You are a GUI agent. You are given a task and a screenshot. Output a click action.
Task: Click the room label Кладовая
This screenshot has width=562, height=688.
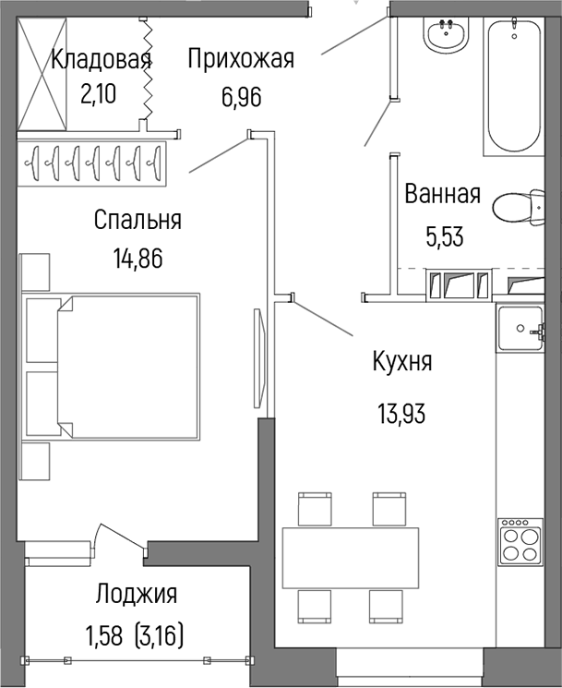pyautogui.click(x=101, y=61)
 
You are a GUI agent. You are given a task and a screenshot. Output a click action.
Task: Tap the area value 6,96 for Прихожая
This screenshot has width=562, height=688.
pyautogui.click(x=240, y=96)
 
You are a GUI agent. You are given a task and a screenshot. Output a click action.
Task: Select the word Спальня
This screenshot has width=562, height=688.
pyautogui.click(x=138, y=221)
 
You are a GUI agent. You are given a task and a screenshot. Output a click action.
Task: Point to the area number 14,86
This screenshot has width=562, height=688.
pyautogui.click(x=137, y=259)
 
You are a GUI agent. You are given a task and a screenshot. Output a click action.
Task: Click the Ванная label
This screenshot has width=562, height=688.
pyautogui.click(x=442, y=195)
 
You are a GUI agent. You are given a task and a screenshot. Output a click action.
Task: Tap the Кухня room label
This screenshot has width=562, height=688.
pyautogui.click(x=401, y=362)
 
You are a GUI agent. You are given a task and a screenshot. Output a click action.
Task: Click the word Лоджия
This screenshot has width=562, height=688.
pyautogui.click(x=137, y=595)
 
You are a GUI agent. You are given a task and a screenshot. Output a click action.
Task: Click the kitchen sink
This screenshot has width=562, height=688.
pyautogui.click(x=522, y=328)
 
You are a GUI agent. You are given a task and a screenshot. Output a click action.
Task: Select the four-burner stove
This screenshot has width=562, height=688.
pyautogui.click(x=520, y=541)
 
